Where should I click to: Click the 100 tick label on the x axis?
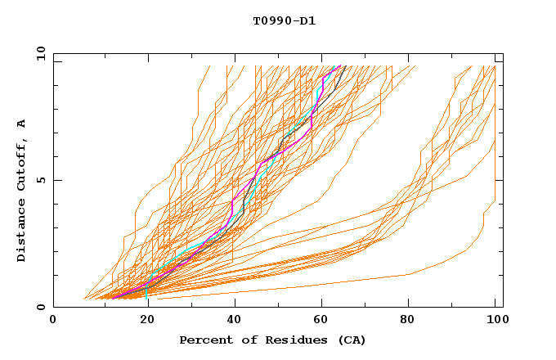tap(495, 321)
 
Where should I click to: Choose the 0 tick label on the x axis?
tap(54, 321)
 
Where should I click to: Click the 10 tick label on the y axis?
tap(38, 53)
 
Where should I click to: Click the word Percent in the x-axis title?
tap(205, 340)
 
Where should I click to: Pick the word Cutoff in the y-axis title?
tap(22, 167)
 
